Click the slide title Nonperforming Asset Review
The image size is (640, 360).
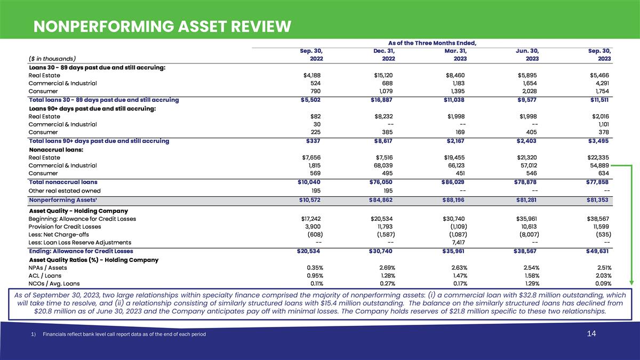pyautogui.click(x=162, y=26)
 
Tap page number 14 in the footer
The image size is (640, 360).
pyautogui.click(x=591, y=334)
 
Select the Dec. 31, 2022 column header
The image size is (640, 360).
pyautogui.click(x=384, y=54)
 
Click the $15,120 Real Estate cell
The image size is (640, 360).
pyautogui.click(x=383, y=75)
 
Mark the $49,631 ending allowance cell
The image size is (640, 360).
pyautogui.click(x=597, y=251)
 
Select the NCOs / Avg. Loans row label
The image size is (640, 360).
pyautogui.click(x=54, y=284)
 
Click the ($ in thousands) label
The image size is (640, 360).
pyautogui.click(x=52, y=59)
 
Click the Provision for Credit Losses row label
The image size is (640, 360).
pyautogui.click(x=65, y=227)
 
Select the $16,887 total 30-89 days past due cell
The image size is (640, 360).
pyautogui.click(x=383, y=100)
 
